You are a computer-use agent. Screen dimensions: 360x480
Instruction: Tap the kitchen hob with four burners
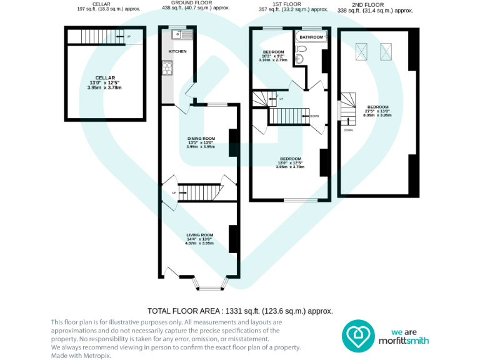click(168, 67)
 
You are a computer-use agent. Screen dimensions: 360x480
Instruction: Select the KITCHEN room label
click(178, 51)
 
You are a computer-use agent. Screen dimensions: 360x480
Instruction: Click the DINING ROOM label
click(201, 138)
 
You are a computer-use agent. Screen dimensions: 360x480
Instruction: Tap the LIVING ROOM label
click(199, 235)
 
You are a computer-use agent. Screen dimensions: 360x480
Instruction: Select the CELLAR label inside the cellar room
click(105, 77)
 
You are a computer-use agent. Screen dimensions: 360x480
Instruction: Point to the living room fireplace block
click(232, 238)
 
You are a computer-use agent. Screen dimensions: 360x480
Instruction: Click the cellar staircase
click(96, 37)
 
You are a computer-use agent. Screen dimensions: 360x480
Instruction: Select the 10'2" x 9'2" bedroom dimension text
click(273, 56)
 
